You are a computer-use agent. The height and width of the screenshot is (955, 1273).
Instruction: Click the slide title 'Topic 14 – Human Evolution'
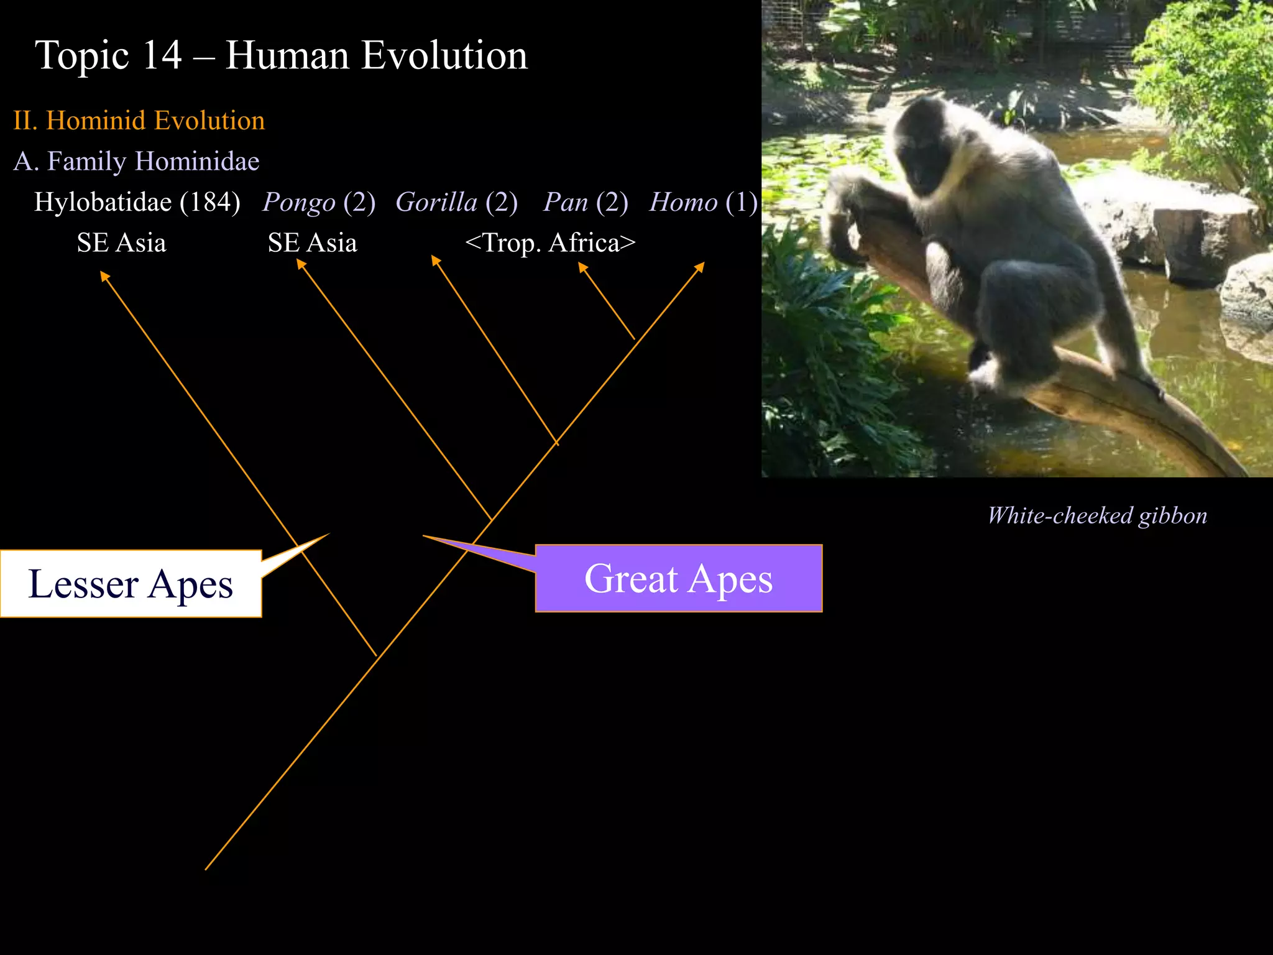pos(281,55)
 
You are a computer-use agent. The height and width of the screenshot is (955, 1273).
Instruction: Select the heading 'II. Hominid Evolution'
pos(139,120)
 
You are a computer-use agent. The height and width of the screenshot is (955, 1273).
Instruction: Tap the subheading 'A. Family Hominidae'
pos(136,161)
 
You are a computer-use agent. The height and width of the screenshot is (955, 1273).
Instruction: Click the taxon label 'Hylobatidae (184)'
pos(137,202)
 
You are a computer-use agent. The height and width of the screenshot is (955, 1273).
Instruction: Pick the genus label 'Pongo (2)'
pos(319,202)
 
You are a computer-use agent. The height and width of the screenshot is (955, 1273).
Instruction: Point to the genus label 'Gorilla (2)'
pos(456,202)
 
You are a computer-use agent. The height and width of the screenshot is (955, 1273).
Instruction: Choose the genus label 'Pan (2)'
pos(586,202)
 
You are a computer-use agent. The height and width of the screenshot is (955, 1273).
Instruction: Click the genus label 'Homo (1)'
pos(703,202)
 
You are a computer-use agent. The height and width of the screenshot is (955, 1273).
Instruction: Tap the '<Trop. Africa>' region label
pos(550,242)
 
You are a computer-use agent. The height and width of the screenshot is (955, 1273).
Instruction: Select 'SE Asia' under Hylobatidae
pos(121,242)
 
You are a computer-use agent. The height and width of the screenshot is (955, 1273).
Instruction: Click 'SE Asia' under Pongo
pos(312,242)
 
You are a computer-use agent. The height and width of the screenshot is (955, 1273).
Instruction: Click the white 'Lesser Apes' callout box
pos(131,584)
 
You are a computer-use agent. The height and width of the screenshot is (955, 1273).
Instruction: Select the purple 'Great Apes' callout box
pos(679,578)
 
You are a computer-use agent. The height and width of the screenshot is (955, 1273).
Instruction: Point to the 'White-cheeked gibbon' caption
pos(1097,515)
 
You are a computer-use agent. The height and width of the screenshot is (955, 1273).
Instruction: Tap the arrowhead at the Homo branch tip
pos(700,266)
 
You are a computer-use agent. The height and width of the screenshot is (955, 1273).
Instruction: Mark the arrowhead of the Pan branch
pos(582,267)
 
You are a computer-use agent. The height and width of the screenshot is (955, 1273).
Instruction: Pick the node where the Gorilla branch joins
pos(556,443)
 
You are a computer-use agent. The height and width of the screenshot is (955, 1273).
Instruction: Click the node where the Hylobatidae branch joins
pos(376,655)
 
